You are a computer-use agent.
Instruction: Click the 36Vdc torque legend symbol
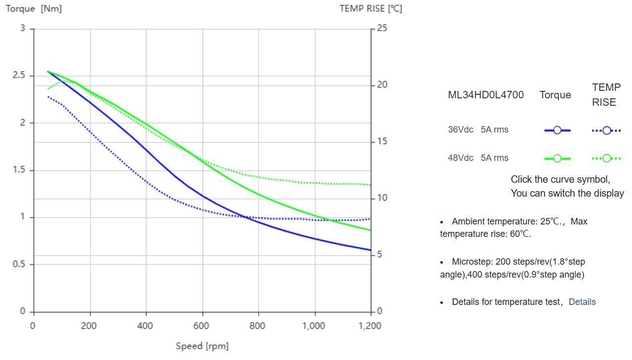point(557,130)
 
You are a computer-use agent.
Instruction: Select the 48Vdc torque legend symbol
point(557,158)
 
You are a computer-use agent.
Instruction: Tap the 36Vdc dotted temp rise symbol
point(606,131)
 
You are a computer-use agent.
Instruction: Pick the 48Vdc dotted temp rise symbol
point(606,158)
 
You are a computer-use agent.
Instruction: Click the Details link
point(582,302)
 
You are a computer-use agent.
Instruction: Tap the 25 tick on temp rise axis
point(382,28)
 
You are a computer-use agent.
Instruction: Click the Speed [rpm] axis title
point(202,346)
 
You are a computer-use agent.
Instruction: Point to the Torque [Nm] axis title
point(34,8)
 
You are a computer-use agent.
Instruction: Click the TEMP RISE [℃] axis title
point(371,8)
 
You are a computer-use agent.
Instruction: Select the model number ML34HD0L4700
point(486,95)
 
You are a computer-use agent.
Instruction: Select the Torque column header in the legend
point(555,95)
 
